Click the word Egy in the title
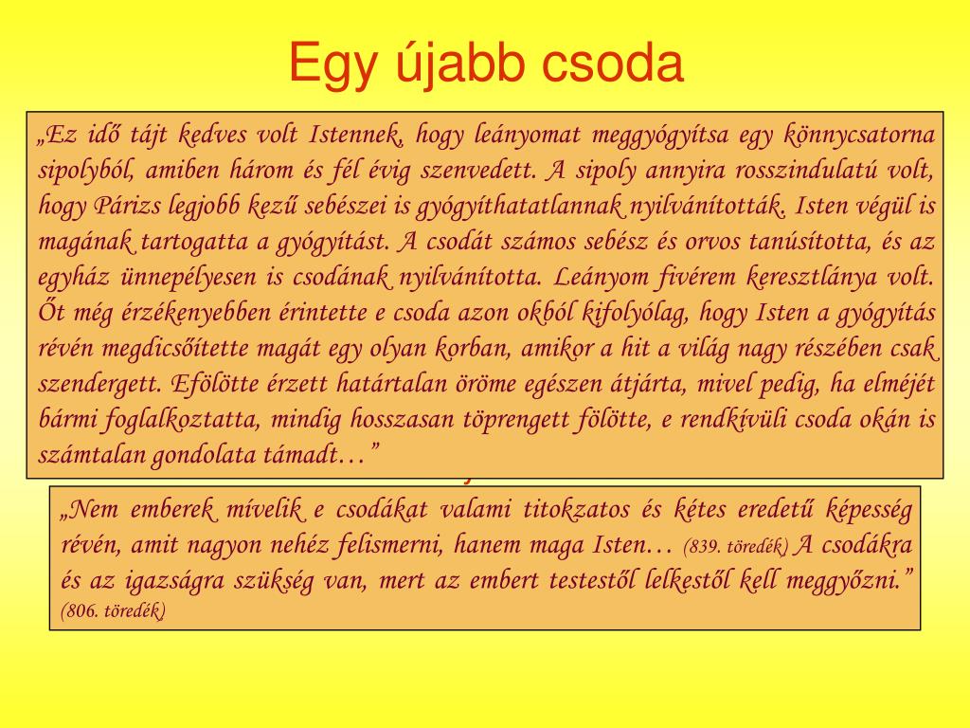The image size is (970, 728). (332, 64)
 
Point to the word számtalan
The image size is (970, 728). (90, 455)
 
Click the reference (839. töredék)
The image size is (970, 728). (735, 546)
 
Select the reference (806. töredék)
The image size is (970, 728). (114, 611)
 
